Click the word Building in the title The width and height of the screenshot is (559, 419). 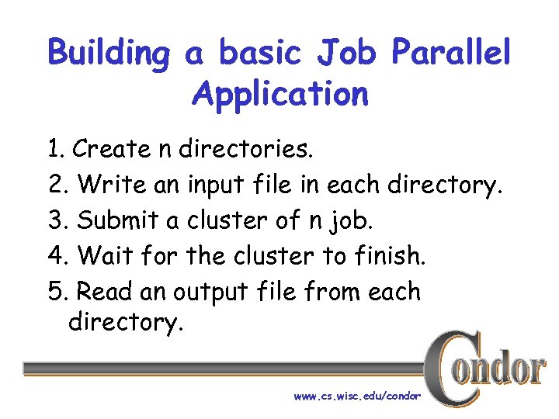(109, 54)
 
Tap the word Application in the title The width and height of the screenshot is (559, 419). (279, 95)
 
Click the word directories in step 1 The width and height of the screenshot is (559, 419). (247, 148)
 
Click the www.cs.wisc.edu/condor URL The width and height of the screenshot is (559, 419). (357, 396)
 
